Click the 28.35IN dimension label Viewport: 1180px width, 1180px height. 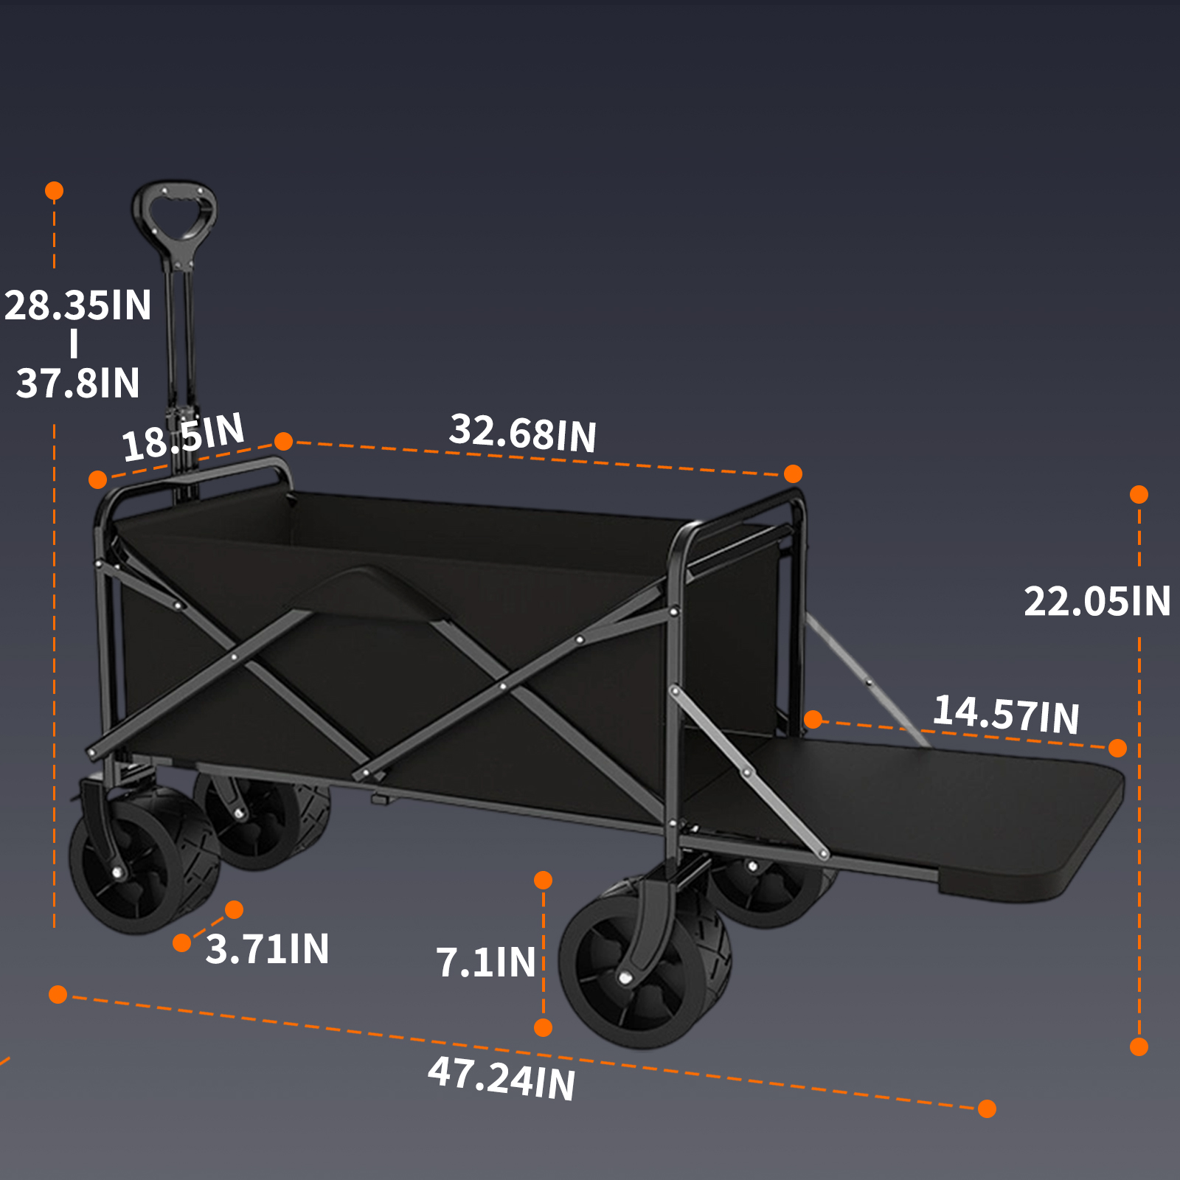coord(78,305)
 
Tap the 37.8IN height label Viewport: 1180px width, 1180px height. coord(78,383)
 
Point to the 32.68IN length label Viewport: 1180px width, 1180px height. coord(523,433)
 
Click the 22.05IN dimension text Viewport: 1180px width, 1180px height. coord(1097,601)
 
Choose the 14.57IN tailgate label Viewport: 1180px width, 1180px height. coord(1006,714)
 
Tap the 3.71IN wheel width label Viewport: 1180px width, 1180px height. coord(267,948)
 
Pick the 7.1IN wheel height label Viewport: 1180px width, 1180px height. coord(485,962)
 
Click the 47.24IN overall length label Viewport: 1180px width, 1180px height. coord(502,1077)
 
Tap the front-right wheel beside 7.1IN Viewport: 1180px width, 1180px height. coord(638,966)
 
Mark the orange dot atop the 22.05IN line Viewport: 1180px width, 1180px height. coord(1139,494)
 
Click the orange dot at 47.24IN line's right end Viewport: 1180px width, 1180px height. coord(987,1108)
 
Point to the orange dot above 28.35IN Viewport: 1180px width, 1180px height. coord(54,191)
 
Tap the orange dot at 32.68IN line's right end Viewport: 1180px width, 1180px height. coord(793,473)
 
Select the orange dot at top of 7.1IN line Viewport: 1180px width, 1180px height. coord(543,880)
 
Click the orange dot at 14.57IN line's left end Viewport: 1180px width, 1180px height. coord(813,719)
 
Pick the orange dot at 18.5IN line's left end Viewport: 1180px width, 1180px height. coord(97,480)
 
